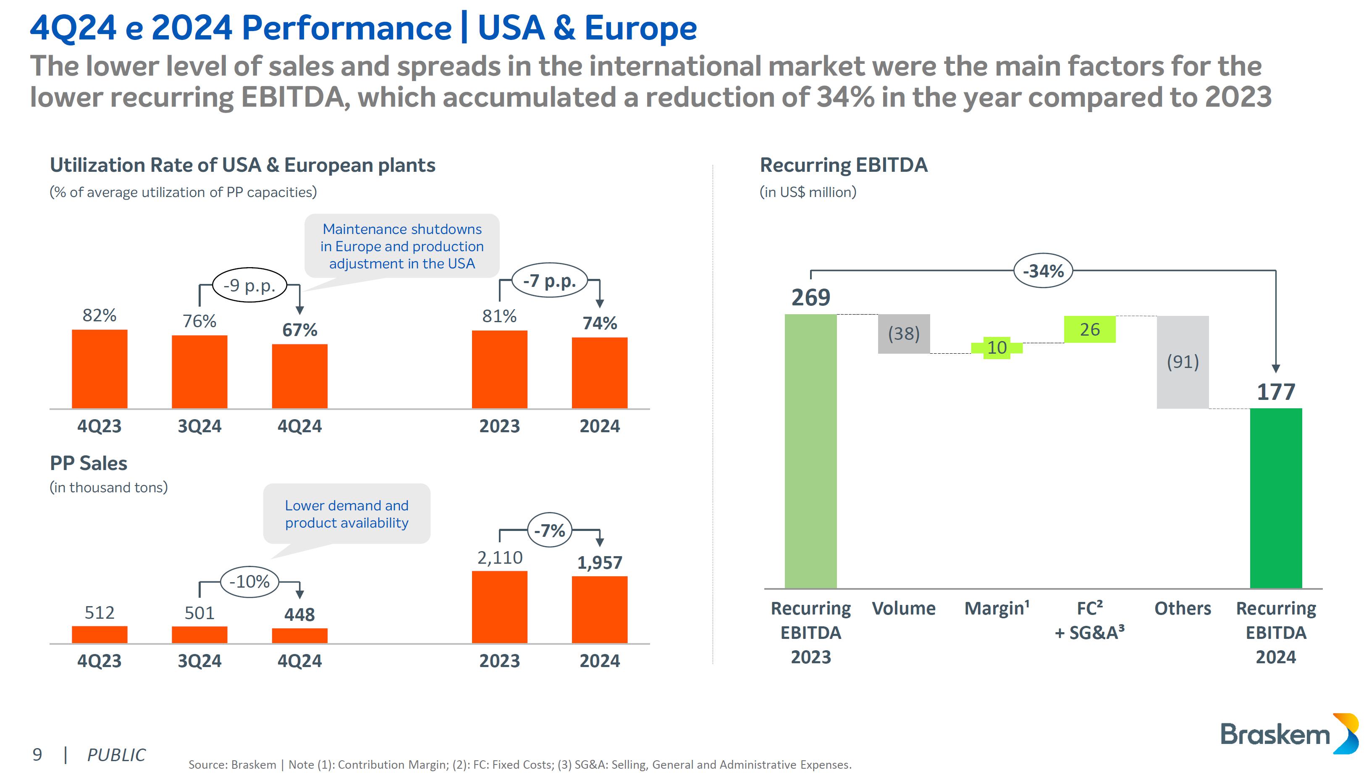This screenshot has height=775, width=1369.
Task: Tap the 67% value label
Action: tap(299, 330)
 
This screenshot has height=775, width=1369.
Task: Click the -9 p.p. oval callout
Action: tap(249, 285)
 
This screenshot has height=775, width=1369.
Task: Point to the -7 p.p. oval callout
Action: tap(549, 281)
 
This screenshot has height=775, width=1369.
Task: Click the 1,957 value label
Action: tap(600, 562)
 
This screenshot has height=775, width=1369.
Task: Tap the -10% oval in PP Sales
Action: tap(249, 581)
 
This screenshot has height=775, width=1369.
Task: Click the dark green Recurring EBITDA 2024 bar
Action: tap(1275, 498)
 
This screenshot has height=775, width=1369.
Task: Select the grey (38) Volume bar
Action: tap(903, 334)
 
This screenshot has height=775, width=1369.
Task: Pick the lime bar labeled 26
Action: tap(1089, 329)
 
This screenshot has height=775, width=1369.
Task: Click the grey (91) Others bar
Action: tap(1182, 362)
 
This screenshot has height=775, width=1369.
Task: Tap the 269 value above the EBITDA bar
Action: tap(810, 297)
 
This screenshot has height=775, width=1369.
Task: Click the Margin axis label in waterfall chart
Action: tap(997, 608)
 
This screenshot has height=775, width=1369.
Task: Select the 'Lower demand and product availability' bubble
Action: tap(347, 514)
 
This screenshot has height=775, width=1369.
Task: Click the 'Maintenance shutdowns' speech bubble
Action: tap(402, 246)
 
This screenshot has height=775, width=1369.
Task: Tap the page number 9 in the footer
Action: tap(37, 754)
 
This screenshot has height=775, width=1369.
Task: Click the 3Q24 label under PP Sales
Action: tap(199, 661)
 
